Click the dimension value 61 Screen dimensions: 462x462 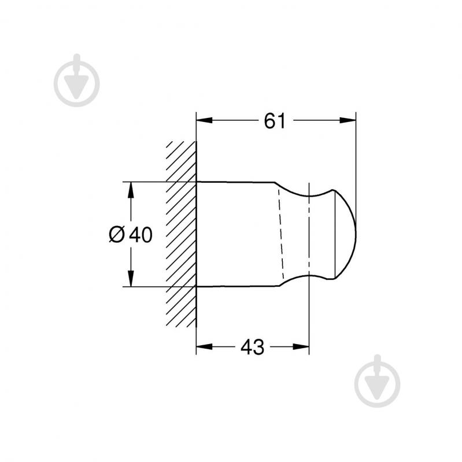click(x=276, y=121)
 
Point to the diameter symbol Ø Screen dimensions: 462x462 click(x=117, y=234)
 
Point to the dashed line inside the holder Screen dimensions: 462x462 click(x=282, y=234)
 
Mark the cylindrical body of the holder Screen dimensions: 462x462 click(x=237, y=234)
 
